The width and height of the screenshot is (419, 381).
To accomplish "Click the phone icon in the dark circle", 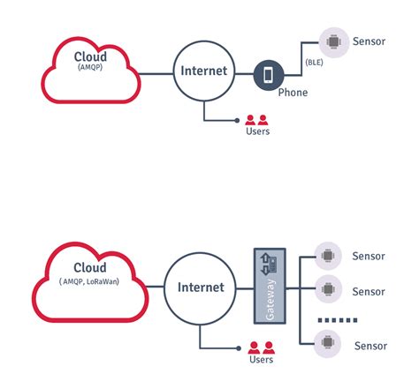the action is pos(268,75).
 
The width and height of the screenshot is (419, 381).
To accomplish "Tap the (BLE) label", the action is pos(314,63).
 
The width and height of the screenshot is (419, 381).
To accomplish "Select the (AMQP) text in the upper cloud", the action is pos(90,67).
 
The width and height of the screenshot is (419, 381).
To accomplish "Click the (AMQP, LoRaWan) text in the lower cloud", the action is pos(89,281).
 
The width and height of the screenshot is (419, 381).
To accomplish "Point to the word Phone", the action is pos(293,93).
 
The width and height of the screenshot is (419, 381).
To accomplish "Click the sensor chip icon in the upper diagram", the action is pos(334,42).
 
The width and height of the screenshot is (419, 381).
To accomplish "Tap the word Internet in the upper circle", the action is pos(204,71).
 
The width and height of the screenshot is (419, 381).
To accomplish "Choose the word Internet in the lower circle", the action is pos(201,288).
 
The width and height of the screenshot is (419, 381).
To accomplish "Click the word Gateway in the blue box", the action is pos(270,300).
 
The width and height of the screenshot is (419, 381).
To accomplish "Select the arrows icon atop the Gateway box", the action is pos(269,265).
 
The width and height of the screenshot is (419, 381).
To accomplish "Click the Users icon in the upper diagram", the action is pos(256,120).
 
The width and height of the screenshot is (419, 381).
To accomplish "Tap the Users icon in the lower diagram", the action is pos(261,347).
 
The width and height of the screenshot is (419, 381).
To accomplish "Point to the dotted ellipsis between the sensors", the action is pos(338,320).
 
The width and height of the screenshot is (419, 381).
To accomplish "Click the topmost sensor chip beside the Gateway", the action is pos(328,256).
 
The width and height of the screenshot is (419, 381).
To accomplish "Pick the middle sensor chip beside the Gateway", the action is pos(328,288).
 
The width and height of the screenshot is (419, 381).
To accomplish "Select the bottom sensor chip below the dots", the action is pos(327,342).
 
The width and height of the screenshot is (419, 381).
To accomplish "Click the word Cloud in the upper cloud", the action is pos(90,56).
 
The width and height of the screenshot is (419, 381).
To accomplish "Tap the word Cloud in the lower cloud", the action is pos(90,267).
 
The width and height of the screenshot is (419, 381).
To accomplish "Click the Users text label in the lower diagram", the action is pos(261,359).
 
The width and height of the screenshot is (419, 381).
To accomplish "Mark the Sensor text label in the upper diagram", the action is pos(369,41).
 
